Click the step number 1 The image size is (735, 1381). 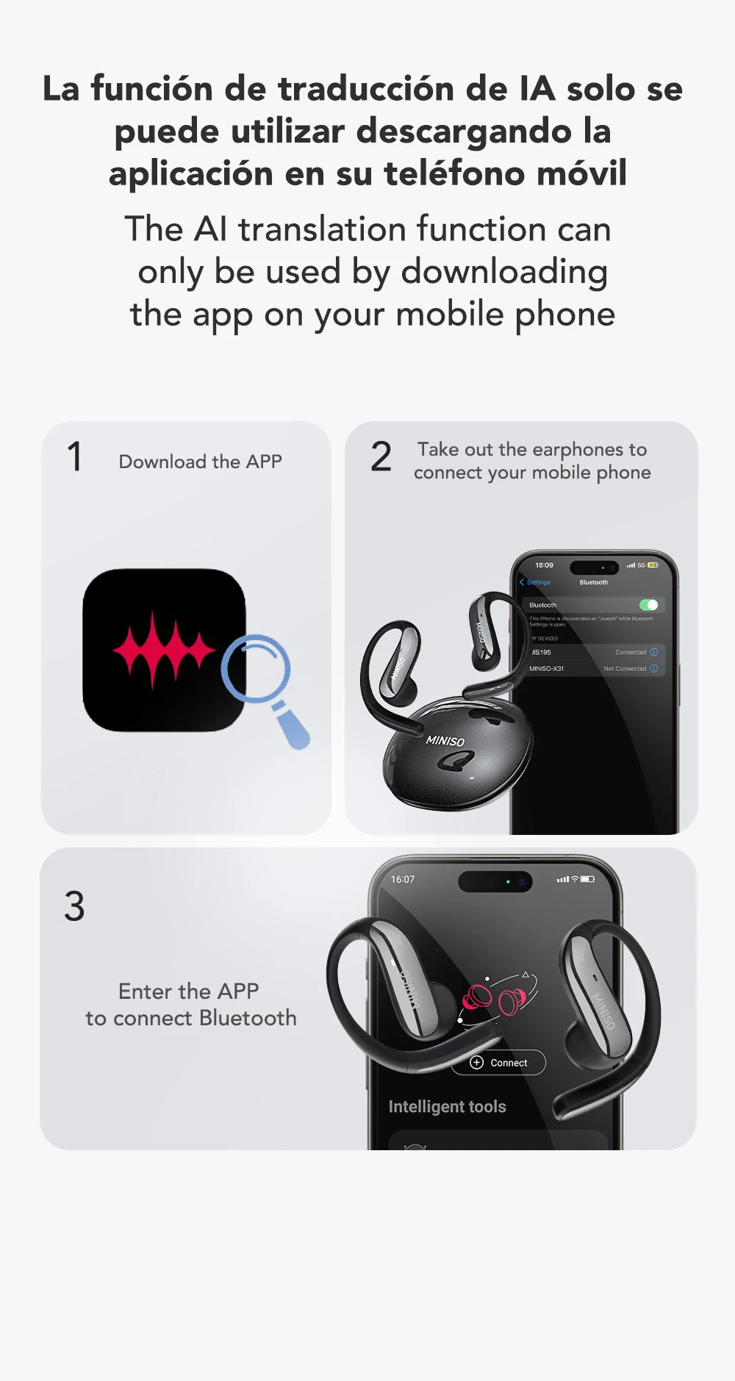[x=74, y=457]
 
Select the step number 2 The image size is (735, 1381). [x=381, y=457]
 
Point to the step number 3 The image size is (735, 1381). [x=74, y=906]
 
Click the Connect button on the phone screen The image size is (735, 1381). [x=499, y=1063]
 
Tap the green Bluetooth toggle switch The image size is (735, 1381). [x=648, y=605]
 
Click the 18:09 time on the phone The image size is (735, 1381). [x=544, y=565]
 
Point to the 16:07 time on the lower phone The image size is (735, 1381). [x=402, y=879]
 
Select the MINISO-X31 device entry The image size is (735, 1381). [x=548, y=669]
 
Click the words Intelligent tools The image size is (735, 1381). [x=447, y=1107]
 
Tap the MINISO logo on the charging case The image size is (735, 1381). [x=445, y=740]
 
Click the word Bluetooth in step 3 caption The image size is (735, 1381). [x=248, y=1018]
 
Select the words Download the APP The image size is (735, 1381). [x=200, y=462]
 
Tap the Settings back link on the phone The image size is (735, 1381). [x=536, y=582]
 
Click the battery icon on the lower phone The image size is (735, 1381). [x=587, y=879]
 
